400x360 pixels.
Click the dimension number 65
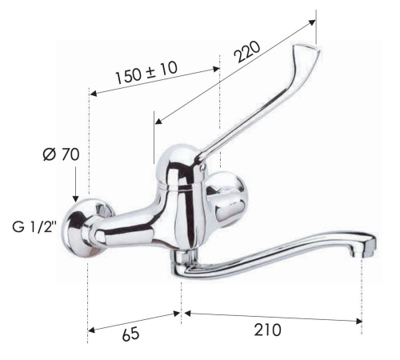130,334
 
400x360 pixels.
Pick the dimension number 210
266,329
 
